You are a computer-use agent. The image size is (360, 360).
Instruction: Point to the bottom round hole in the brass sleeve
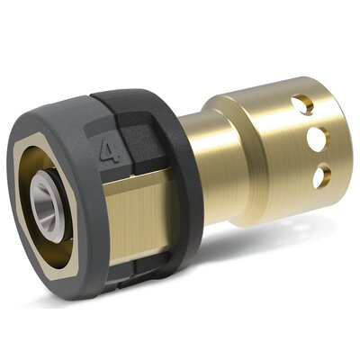[x=322, y=175]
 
